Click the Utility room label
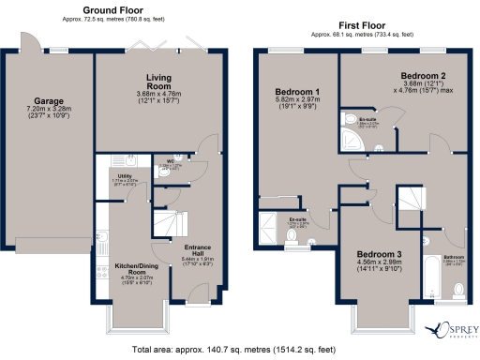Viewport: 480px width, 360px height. [123, 176]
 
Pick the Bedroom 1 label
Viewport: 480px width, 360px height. [298, 92]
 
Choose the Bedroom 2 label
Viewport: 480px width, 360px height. [422, 75]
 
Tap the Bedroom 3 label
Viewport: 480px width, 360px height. [380, 256]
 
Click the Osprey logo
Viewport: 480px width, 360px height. [451, 331]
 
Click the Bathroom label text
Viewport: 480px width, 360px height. [455, 258]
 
